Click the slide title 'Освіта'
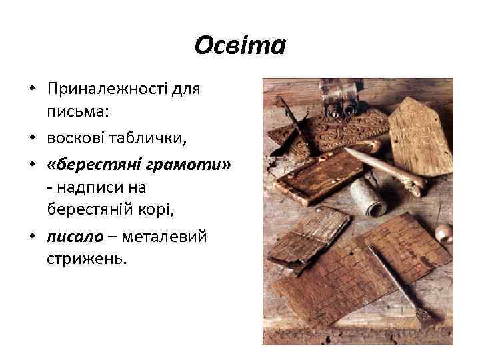[x=240, y=46]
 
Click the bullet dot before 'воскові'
[x=31, y=138]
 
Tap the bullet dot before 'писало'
[x=31, y=236]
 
